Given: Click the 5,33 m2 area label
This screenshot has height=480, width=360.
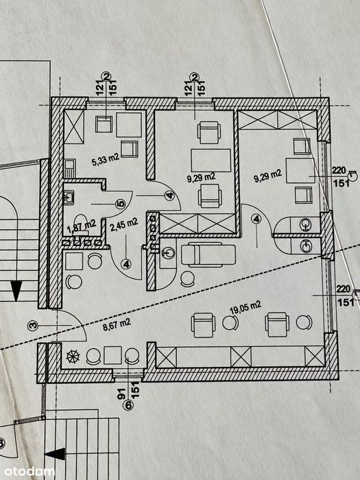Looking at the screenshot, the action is (106, 160).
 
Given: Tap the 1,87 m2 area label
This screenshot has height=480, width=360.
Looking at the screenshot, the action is (82, 226).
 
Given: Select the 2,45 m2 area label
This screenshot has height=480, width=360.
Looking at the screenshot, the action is (123, 226).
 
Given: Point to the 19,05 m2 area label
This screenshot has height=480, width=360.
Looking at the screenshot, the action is (245, 307).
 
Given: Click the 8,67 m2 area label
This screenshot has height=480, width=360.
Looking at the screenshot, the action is (117, 325).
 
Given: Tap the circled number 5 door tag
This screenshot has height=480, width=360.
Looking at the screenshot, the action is (121, 204).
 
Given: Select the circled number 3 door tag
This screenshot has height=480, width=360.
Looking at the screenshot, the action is (33, 325).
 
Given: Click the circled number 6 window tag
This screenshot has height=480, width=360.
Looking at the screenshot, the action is (128, 405).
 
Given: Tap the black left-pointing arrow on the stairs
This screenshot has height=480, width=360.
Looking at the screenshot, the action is (56, 454).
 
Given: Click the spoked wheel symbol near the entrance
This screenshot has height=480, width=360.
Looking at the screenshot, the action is (73, 357).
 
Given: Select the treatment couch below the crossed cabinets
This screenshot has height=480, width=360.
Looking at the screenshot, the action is (208, 254).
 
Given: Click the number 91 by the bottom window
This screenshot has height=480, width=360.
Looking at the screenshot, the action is (121, 394).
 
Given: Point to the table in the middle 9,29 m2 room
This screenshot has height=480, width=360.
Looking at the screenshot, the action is (211, 160).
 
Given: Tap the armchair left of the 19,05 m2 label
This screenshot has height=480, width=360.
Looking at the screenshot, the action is (203, 325).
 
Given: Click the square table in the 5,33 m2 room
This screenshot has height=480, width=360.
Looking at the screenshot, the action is (129, 125).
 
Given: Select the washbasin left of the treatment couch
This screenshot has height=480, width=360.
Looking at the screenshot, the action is (168, 253).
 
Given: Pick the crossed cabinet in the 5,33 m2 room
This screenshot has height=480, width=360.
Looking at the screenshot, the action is (74, 127).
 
